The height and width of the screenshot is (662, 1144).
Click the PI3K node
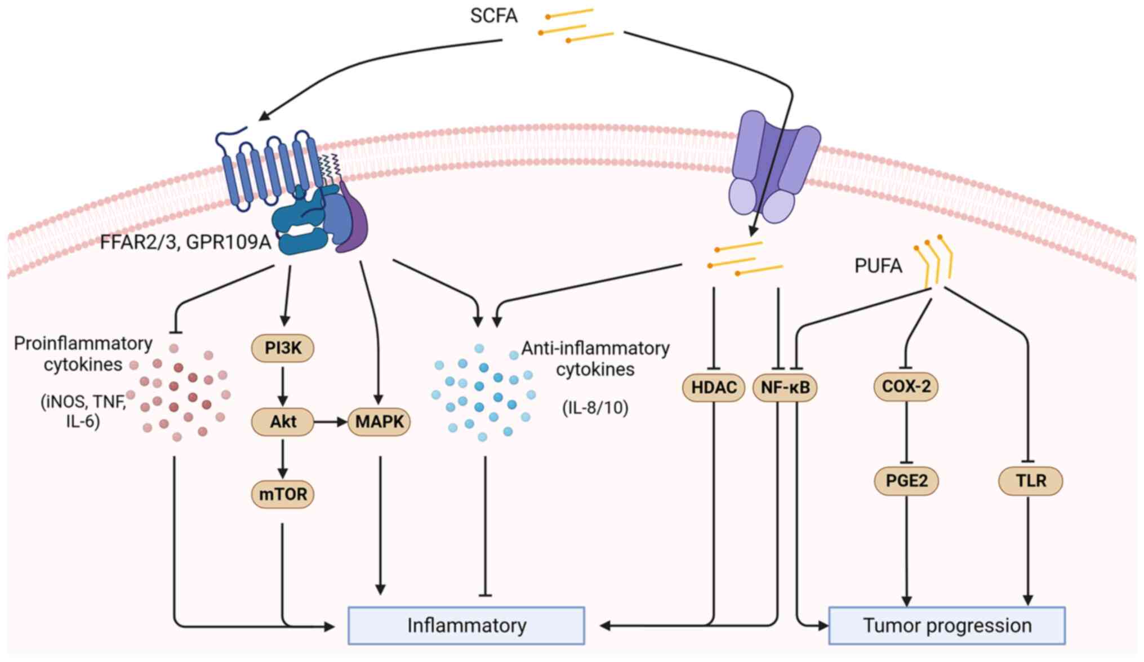pyautogui.click(x=282, y=348)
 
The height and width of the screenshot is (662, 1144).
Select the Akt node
pyautogui.click(x=282, y=421)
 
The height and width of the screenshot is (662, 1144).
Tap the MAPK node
pyautogui.click(x=379, y=421)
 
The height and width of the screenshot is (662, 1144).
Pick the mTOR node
pyautogui.click(x=282, y=494)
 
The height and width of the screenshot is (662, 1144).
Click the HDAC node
pyautogui.click(x=714, y=388)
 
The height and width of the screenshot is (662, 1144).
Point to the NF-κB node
pyautogui.click(x=785, y=388)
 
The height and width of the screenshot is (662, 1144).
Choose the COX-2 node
pyautogui.click(x=906, y=386)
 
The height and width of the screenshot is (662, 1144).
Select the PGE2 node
pyautogui.click(x=906, y=481)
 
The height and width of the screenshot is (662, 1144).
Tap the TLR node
pyautogui.click(x=1030, y=481)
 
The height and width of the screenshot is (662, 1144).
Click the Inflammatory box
pyautogui.click(x=466, y=625)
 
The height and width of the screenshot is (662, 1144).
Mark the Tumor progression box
pyautogui.click(x=947, y=625)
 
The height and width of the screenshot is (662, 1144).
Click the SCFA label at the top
pyautogui.click(x=493, y=16)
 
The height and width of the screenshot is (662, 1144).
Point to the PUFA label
pyautogui.click(x=878, y=266)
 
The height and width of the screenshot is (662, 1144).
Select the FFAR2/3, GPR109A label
pyautogui.click(x=185, y=242)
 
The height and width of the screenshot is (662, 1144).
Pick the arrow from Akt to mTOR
pyautogui.click(x=283, y=457)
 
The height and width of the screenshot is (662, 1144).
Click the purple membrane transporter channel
pyautogui.click(x=774, y=166)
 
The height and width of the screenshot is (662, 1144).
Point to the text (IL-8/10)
pyautogui.click(x=595, y=407)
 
